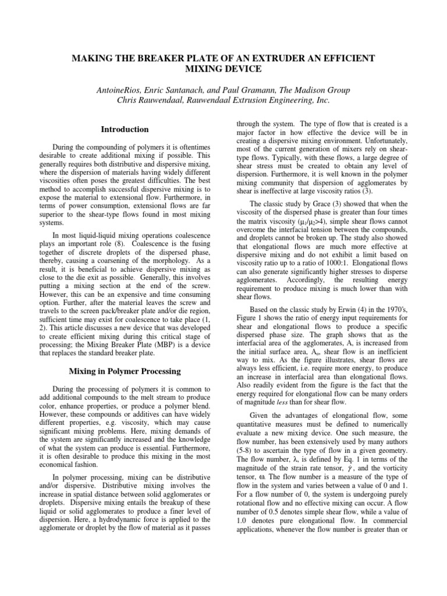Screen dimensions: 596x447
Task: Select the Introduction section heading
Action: coord(125,129)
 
